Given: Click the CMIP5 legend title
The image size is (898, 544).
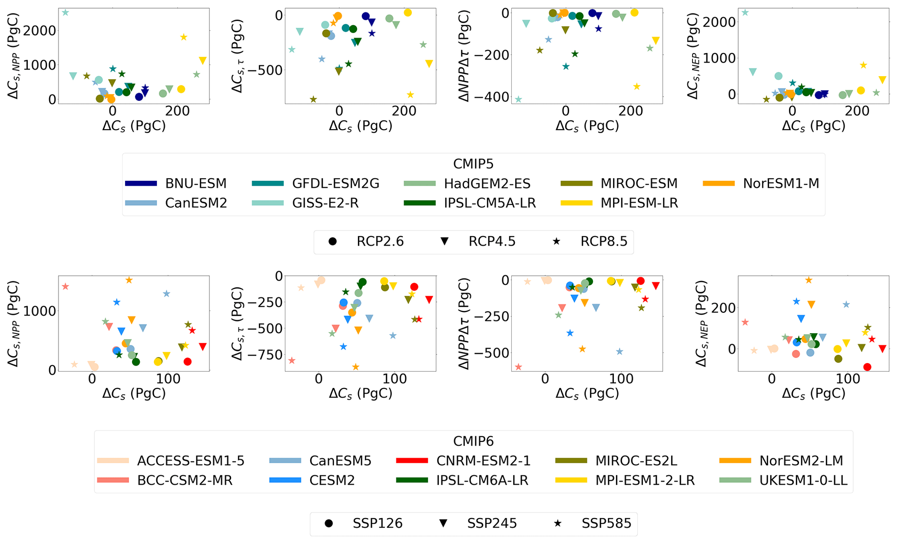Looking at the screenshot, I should point(473,164).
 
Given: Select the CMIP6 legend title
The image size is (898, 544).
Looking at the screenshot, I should point(473,441).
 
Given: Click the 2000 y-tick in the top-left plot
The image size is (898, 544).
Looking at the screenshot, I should point(40,30).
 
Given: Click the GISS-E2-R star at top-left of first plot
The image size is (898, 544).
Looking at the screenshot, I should point(66,13).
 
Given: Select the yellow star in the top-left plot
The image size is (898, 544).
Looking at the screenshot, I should point(183,37).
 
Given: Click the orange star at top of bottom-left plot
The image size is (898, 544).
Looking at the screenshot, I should point(129,280).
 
